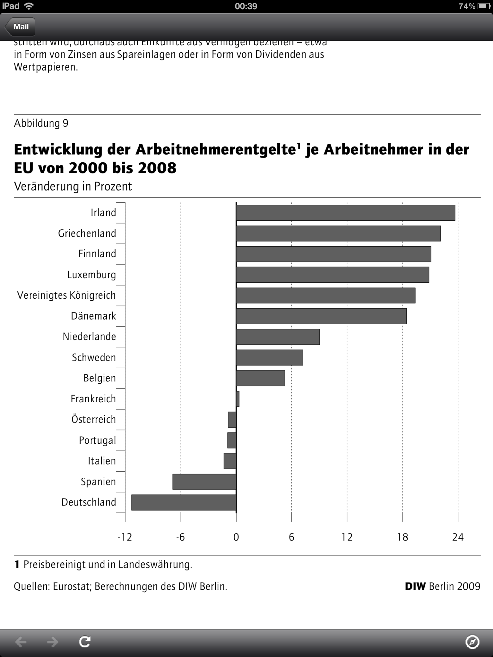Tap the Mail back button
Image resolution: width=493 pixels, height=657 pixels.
pyautogui.click(x=20, y=27)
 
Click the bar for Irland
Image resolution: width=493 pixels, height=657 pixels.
pyautogui.click(x=345, y=213)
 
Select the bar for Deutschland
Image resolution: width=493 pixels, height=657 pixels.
pyautogui.click(x=184, y=502)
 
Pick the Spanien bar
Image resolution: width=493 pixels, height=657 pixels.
pyautogui.click(x=204, y=482)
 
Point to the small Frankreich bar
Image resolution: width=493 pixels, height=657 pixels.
pyautogui.click(x=238, y=399)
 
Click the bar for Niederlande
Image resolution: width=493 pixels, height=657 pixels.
pyautogui.click(x=278, y=337)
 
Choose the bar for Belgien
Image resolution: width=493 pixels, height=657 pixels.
pyautogui.click(x=260, y=378)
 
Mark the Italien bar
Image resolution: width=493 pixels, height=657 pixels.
pyautogui.click(x=230, y=461)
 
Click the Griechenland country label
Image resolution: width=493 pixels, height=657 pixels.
pyautogui.click(x=87, y=234)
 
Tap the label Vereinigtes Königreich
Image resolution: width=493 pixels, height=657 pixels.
pyautogui.click(x=66, y=295)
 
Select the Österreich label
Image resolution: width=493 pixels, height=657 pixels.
pyautogui.click(x=93, y=420)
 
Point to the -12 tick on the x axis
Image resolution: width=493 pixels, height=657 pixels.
pyautogui.click(x=125, y=537)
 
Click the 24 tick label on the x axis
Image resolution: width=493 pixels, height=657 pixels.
pyautogui.click(x=458, y=537)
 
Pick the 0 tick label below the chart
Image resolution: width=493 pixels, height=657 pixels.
pyautogui.click(x=236, y=537)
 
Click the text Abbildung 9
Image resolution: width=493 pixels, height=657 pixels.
pyautogui.click(x=41, y=124)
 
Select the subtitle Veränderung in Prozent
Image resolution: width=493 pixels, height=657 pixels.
pyautogui.click(x=73, y=187)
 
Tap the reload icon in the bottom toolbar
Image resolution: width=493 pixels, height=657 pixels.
pyautogui.click(x=85, y=642)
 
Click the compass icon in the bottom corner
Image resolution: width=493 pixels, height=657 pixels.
pyautogui.click(x=472, y=642)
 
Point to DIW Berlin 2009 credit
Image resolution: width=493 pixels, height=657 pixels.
pyautogui.click(x=442, y=586)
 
